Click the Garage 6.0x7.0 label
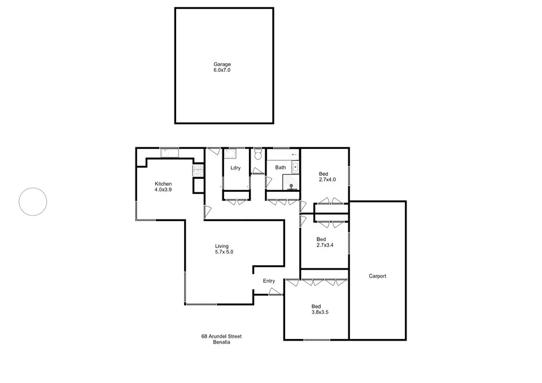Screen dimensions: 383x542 (x=222, y=67)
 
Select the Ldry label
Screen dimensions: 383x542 (x=235, y=168)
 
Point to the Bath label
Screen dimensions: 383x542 (x=281, y=168)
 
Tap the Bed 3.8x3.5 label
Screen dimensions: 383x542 (x=321, y=309)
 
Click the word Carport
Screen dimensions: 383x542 (x=377, y=276)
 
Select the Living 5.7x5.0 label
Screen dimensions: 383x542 (x=224, y=249)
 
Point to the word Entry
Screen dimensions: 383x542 (x=269, y=281)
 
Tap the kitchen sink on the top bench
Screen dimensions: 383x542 (x=169, y=152)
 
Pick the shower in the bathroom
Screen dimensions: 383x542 (x=291, y=182)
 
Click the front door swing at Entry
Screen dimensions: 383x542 (x=275, y=291)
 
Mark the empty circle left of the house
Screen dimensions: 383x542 (x=33, y=201)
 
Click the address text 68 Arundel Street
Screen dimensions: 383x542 (x=221, y=336)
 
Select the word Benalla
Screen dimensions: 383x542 (x=221, y=342)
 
